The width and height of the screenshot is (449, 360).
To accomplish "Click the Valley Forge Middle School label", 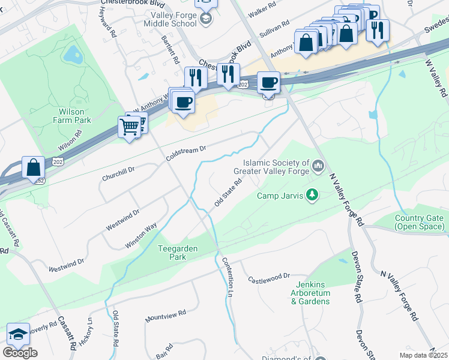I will click(x=170, y=19).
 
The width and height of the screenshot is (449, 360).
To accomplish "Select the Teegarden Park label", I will click(x=178, y=253).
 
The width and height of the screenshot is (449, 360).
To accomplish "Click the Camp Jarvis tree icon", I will click(x=312, y=194).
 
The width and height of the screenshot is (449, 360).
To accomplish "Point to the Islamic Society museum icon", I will click(x=318, y=164).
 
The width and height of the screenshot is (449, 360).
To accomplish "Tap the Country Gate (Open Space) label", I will click(x=419, y=222).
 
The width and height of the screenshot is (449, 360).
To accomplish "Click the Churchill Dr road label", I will click(x=118, y=174).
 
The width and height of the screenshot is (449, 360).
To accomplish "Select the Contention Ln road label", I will click(x=228, y=276).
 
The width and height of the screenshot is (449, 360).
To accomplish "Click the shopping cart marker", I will click(x=130, y=127).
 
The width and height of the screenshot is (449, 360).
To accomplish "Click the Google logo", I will click(x=20, y=353).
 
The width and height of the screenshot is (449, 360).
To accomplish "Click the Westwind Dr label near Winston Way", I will click(x=122, y=220).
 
